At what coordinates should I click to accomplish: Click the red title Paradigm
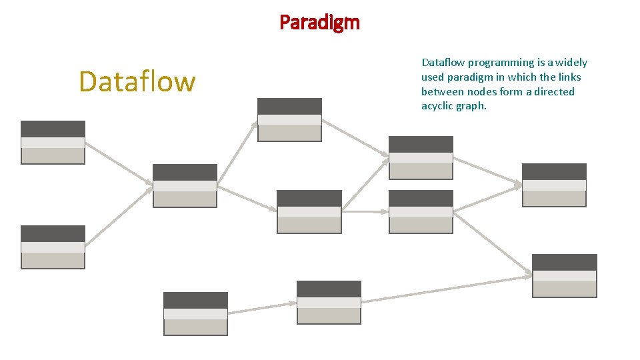click(319, 23)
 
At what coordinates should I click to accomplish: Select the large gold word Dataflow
click(137, 82)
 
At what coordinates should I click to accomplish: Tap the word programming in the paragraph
click(487, 63)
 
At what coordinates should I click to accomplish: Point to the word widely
click(571, 63)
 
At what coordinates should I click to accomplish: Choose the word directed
click(555, 92)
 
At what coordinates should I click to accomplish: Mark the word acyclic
click(437, 107)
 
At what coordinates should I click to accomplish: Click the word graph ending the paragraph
click(472, 107)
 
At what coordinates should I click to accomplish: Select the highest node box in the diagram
click(289, 119)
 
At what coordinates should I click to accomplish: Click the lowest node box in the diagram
click(195, 313)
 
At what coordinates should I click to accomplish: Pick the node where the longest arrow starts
click(329, 302)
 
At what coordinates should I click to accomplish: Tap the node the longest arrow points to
click(565, 275)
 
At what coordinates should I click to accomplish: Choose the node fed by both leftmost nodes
click(185, 185)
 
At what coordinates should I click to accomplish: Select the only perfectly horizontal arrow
click(365, 211)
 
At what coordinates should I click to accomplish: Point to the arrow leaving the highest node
click(355, 139)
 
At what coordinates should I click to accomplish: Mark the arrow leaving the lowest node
click(262, 308)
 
